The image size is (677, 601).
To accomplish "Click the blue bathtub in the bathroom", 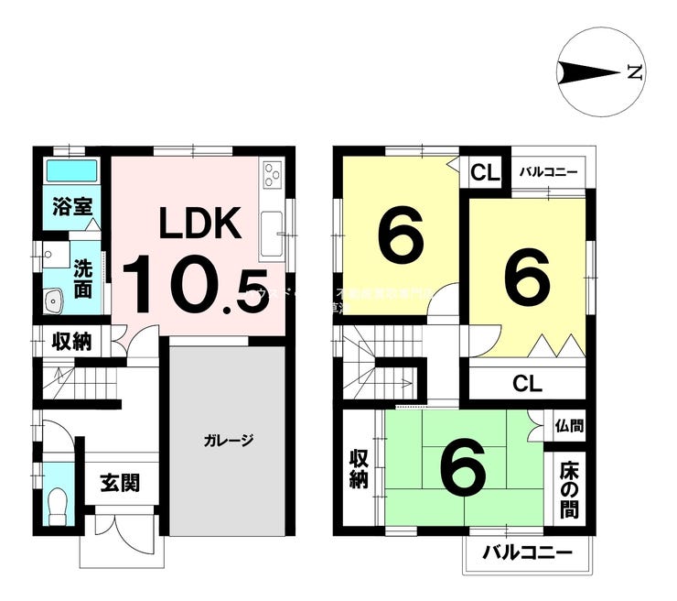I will [72, 170].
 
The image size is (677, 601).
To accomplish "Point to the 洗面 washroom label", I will [82, 279].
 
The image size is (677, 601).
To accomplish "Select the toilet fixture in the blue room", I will [58, 503].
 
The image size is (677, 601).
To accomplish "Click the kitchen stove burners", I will [273, 173].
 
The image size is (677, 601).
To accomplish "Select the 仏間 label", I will [568, 425].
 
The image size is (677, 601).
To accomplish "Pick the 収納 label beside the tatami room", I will [358, 468].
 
